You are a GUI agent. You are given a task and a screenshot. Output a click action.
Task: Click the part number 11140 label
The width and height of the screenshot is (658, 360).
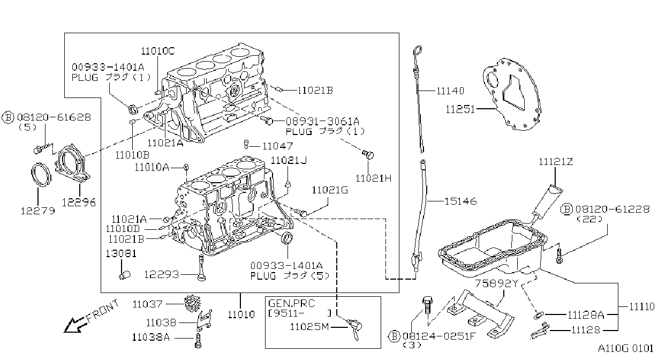(x=450, y=91)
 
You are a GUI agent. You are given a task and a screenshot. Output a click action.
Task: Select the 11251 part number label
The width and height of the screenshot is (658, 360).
(x=460, y=109)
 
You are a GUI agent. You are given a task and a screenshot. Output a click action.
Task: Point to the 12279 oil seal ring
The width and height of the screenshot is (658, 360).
(x=41, y=174)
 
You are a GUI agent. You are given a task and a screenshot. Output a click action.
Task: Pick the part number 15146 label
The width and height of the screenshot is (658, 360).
(x=460, y=201)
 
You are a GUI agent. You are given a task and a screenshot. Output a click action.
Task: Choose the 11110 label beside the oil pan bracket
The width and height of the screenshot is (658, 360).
(x=641, y=307)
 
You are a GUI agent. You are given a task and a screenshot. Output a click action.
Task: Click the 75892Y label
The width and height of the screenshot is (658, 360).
(x=496, y=283)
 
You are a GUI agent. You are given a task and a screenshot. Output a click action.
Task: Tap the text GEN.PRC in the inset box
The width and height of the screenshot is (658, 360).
(x=291, y=303)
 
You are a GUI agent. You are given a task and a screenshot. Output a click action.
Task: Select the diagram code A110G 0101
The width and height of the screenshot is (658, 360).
(x=626, y=349)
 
